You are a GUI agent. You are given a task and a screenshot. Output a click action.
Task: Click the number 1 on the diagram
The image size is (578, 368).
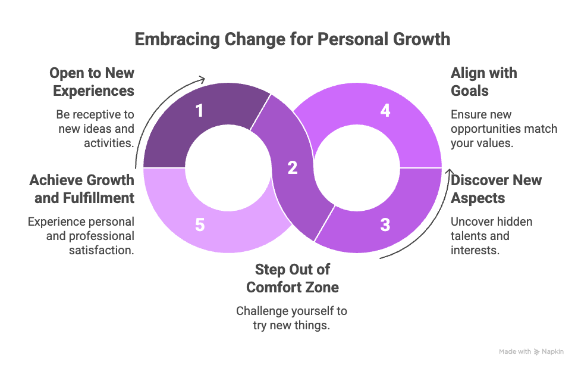coord(200,111)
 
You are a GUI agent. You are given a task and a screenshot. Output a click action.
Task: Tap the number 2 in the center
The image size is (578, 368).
coord(292,168)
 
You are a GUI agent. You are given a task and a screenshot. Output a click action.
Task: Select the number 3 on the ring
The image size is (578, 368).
coord(385,225)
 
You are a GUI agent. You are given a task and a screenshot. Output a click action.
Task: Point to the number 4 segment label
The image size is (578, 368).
coord(385,111)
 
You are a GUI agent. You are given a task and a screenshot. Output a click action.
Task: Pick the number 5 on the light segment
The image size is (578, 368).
coord(200,225)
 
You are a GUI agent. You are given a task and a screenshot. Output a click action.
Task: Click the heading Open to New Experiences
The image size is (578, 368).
coord(92,82)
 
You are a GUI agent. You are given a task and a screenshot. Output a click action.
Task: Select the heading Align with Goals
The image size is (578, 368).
coord(483,82)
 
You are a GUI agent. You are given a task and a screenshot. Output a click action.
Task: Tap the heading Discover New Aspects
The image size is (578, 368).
coord(496,189)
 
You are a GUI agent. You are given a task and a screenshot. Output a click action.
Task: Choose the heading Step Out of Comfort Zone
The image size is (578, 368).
coord(292,278)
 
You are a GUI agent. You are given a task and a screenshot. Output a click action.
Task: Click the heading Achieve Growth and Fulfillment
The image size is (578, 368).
coord(82,189)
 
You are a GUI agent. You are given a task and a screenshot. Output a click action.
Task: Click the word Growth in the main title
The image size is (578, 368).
coord(422,39)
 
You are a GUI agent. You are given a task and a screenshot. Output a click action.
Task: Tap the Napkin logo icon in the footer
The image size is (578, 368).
coord(537,352)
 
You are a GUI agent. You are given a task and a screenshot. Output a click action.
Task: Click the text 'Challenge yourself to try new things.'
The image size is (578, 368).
coord(292,318)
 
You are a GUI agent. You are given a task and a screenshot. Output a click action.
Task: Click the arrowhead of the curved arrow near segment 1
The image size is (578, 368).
coord(203,79)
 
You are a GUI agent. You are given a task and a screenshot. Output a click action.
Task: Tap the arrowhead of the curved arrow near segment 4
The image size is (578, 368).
coord(447,174)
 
